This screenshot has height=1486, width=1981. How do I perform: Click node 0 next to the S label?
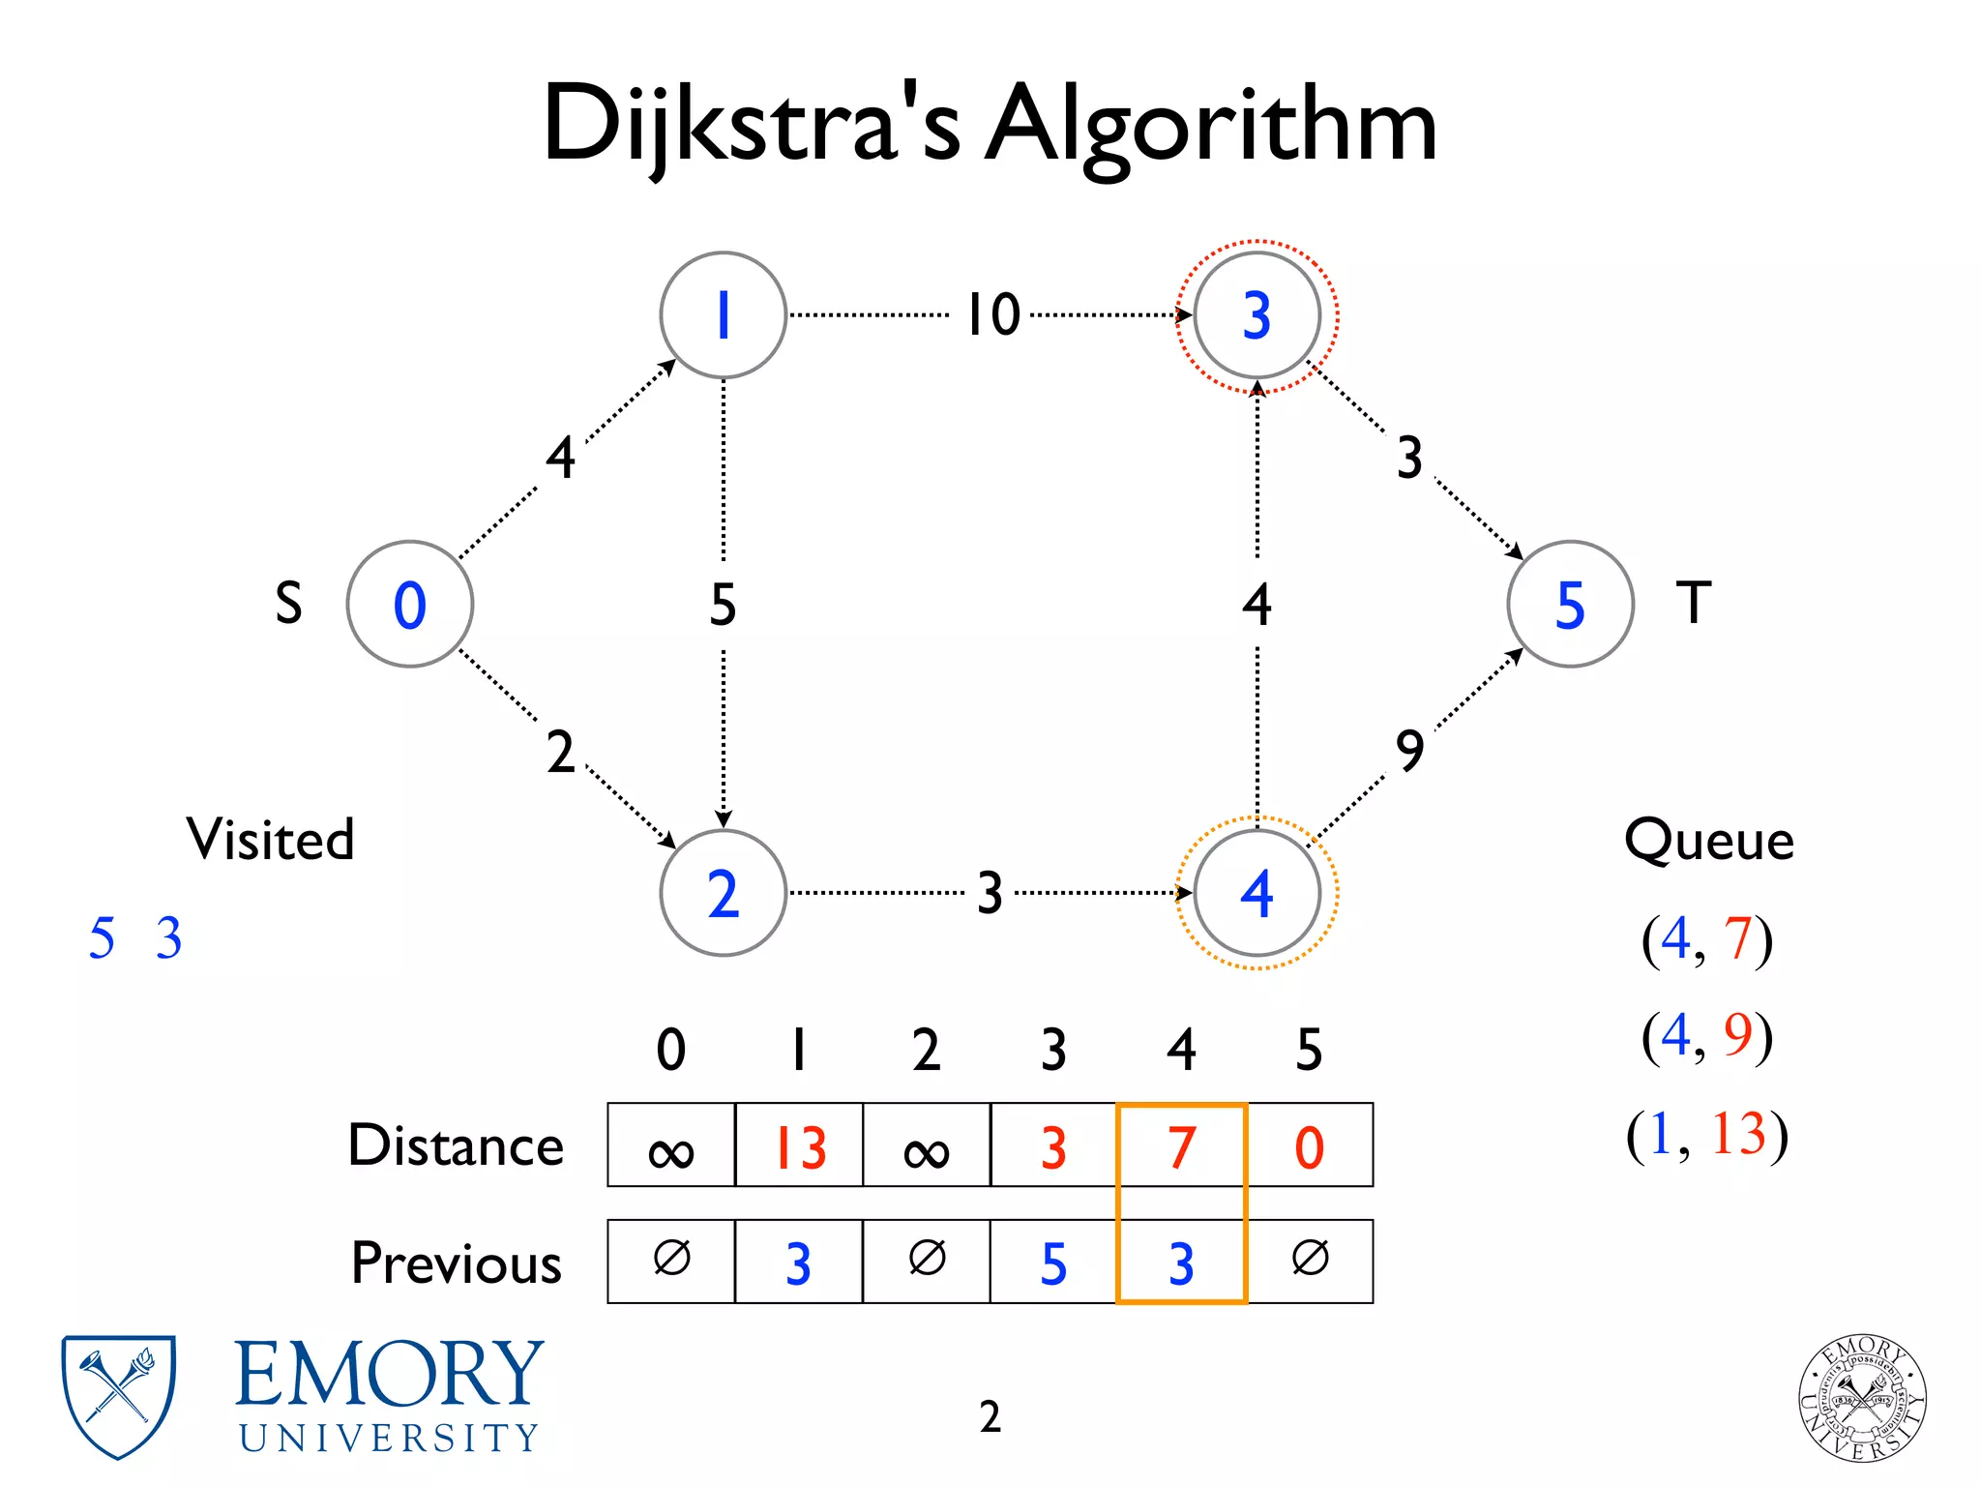point(410,604)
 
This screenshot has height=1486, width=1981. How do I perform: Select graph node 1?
point(724,315)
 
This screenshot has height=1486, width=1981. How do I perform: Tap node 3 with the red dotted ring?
point(1257,315)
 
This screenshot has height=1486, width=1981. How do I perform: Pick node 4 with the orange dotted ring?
point(1257,893)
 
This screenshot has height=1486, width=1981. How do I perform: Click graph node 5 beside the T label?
point(1570,604)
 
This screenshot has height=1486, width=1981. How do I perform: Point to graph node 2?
point(724,893)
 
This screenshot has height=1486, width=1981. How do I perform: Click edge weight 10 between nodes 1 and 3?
point(993,315)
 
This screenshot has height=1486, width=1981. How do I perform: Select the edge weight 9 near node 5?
point(1410,751)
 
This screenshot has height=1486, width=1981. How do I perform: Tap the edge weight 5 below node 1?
point(724,605)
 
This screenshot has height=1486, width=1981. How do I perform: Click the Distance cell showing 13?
point(799,1146)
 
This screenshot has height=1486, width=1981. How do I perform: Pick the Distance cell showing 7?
point(1181,1146)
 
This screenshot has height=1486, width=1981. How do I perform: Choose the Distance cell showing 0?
point(1310,1146)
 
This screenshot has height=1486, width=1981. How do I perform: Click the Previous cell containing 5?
point(1053,1263)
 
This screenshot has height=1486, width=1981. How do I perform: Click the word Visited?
point(271,839)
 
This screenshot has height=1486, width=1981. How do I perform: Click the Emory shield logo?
point(118,1396)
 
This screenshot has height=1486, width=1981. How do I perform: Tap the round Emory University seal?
point(1862,1398)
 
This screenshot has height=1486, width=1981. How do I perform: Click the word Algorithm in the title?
point(1211,126)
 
